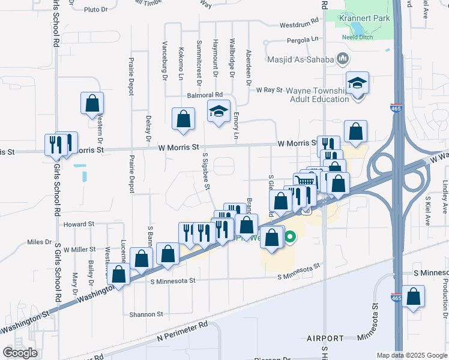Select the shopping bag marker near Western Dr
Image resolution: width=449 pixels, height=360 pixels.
tap(92, 104)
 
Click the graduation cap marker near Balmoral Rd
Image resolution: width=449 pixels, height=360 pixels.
tap(218, 112)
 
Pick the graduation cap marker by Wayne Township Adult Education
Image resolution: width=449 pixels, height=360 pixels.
tap(357, 83)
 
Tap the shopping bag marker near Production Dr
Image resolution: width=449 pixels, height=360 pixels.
tap(413, 297)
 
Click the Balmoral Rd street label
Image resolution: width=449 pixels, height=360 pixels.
tap(205, 95)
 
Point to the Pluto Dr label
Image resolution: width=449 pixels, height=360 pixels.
tap(95, 10)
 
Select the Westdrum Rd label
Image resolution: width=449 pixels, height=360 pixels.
tap(299, 25)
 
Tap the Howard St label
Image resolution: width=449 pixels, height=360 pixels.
tap(83, 224)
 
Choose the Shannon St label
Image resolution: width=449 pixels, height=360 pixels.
tap(146, 314)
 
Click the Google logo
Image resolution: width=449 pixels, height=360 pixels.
tap(20, 352)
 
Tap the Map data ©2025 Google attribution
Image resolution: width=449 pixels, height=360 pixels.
tap(412, 355)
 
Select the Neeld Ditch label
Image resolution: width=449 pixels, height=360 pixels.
tap(358, 37)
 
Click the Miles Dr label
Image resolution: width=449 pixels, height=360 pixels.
tap(40, 242)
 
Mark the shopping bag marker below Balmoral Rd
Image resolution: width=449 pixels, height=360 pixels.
tap(182, 119)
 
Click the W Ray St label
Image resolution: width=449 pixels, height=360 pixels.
tap(269, 89)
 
